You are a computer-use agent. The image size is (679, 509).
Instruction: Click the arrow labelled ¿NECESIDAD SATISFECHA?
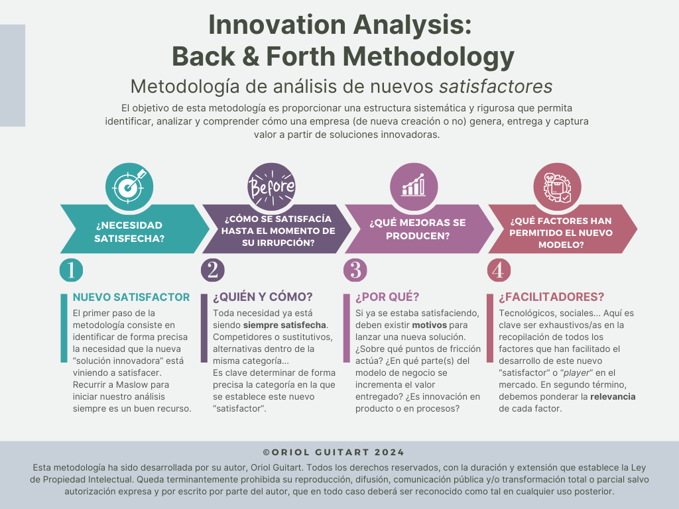tap(129, 229)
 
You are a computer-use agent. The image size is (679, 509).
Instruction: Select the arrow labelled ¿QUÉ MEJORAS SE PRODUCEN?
tap(416, 229)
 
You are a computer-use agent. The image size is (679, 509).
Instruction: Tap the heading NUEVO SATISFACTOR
tap(131, 297)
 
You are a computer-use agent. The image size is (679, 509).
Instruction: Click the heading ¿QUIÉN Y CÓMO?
tap(263, 298)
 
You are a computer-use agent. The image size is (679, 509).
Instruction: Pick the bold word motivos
tap(430, 325)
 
